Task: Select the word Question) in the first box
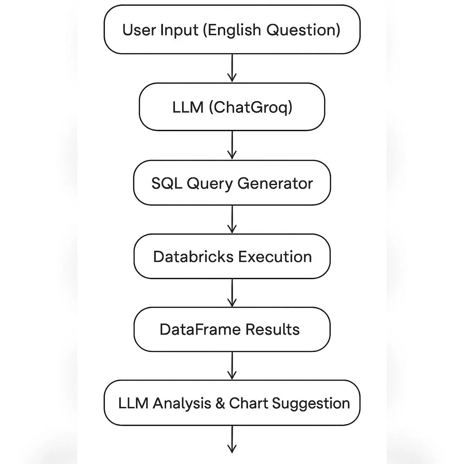click(303, 30)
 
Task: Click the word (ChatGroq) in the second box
click(250, 107)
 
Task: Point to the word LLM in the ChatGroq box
click(188, 107)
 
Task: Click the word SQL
click(166, 183)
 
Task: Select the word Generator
click(275, 183)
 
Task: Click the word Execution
click(275, 257)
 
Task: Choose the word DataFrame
click(200, 330)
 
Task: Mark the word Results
click(272, 330)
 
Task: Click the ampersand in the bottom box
click(220, 404)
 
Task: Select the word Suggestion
click(311, 404)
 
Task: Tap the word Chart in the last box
click(248, 404)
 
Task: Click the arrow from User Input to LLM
click(232, 68)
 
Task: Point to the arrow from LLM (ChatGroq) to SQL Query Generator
click(232, 145)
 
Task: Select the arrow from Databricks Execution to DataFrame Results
click(232, 293)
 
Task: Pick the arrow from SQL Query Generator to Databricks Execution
click(232, 219)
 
